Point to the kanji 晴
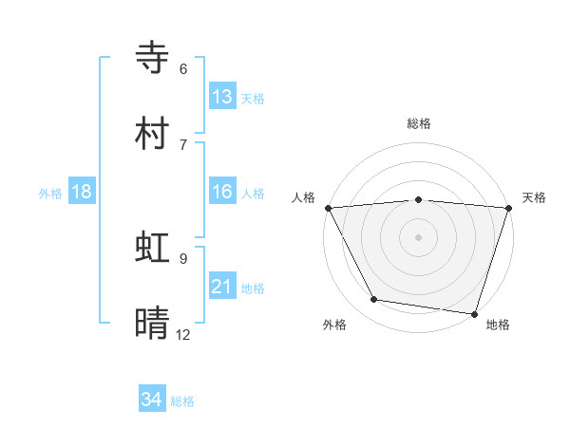(155, 323)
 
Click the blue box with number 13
(222, 97)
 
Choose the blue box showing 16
(222, 192)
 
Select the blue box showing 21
(222, 287)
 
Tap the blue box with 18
(82, 192)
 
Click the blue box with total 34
(152, 400)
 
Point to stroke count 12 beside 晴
(182, 334)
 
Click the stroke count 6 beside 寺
(183, 68)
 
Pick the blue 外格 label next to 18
(50, 193)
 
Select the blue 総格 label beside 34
(182, 401)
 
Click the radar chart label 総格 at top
(419, 123)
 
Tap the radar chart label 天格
(534, 197)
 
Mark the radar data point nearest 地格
(474, 313)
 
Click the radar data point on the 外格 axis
(374, 300)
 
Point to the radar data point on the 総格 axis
(419, 199)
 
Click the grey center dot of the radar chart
(419, 237)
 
